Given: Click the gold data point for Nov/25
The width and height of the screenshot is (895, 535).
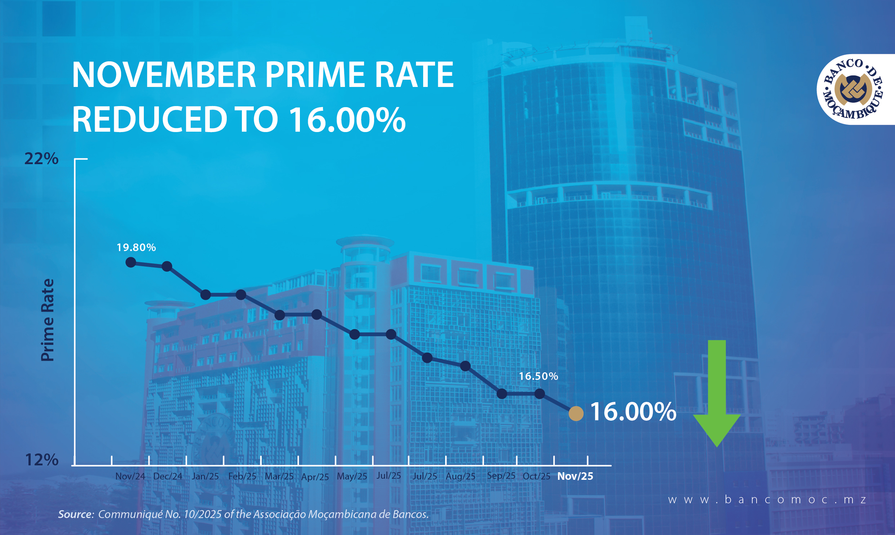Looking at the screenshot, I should pos(576,413).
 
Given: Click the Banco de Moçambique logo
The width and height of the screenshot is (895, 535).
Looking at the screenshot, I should pos(854,89).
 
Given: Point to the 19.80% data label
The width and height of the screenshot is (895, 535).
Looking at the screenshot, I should pos(136,247).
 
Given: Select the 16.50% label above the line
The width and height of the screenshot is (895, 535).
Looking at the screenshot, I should pos(538,376).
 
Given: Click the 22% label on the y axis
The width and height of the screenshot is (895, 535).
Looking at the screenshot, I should pos(41,159).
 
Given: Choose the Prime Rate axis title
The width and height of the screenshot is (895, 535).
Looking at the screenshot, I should pos(48,320).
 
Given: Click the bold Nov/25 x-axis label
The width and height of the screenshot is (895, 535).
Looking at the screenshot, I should pos(575,476).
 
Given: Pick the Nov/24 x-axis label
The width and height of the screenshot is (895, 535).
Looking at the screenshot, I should pos(130,476).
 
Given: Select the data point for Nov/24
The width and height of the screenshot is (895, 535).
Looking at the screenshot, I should pos(131,262).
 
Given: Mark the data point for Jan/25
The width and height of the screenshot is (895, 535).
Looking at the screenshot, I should pos(205,295).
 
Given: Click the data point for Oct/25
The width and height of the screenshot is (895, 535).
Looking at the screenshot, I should pos(540,394).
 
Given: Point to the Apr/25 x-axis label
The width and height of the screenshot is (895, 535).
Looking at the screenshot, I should pos(315,477).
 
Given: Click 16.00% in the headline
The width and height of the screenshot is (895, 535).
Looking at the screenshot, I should pos(347,119).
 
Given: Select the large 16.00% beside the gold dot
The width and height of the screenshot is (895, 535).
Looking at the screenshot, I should pos(633,412).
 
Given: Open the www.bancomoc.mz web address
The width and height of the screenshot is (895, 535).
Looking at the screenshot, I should pos(767,500).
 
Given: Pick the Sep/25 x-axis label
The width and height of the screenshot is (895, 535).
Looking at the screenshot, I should pos(501,476).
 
